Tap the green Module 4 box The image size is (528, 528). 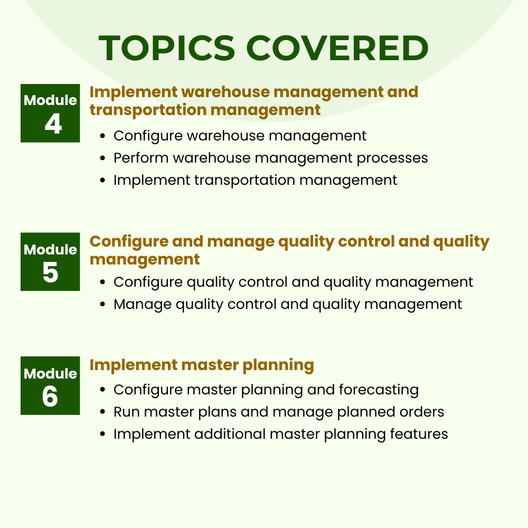click(x=50, y=113)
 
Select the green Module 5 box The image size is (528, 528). click(x=50, y=262)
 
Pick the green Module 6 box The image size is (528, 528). click(x=50, y=385)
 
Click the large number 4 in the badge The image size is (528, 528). click(x=53, y=125)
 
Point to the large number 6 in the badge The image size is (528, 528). click(x=50, y=397)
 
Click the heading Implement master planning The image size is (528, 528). click(x=202, y=365)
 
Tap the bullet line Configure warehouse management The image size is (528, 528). click(x=240, y=136)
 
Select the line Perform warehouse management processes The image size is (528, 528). click(x=270, y=158)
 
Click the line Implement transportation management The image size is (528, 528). click(x=255, y=180)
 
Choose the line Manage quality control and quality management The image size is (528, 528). click(x=288, y=305)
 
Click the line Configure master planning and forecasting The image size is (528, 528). click(x=266, y=390)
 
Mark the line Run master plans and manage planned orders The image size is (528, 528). click(x=279, y=412)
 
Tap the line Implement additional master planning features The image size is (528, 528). click(x=280, y=434)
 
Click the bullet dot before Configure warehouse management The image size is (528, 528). click(x=103, y=136)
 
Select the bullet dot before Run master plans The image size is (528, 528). click(x=103, y=412)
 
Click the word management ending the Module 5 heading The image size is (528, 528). click(x=145, y=260)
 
